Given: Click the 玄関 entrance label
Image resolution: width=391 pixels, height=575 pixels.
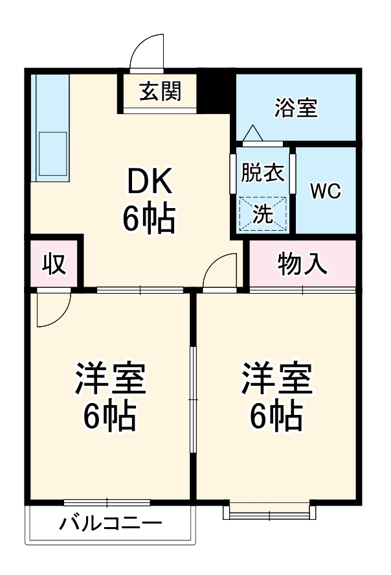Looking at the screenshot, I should tap(159, 92).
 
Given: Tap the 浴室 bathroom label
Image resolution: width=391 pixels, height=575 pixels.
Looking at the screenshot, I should tap(296, 108).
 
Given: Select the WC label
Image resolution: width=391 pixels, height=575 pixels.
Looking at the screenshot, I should tap(325, 191).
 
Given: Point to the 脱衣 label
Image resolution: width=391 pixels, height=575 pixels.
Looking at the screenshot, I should tap(263, 173).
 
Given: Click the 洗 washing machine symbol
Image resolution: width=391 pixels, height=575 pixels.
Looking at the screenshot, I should tap(263, 213).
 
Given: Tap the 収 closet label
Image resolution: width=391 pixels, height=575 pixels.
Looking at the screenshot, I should tap(54, 264).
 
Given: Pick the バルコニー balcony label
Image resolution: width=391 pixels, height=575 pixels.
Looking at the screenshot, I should tap(111, 523).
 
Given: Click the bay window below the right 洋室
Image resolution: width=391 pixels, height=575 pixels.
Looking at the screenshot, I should tap(270, 511).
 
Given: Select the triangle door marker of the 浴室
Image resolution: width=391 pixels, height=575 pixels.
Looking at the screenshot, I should tap(253, 134).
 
